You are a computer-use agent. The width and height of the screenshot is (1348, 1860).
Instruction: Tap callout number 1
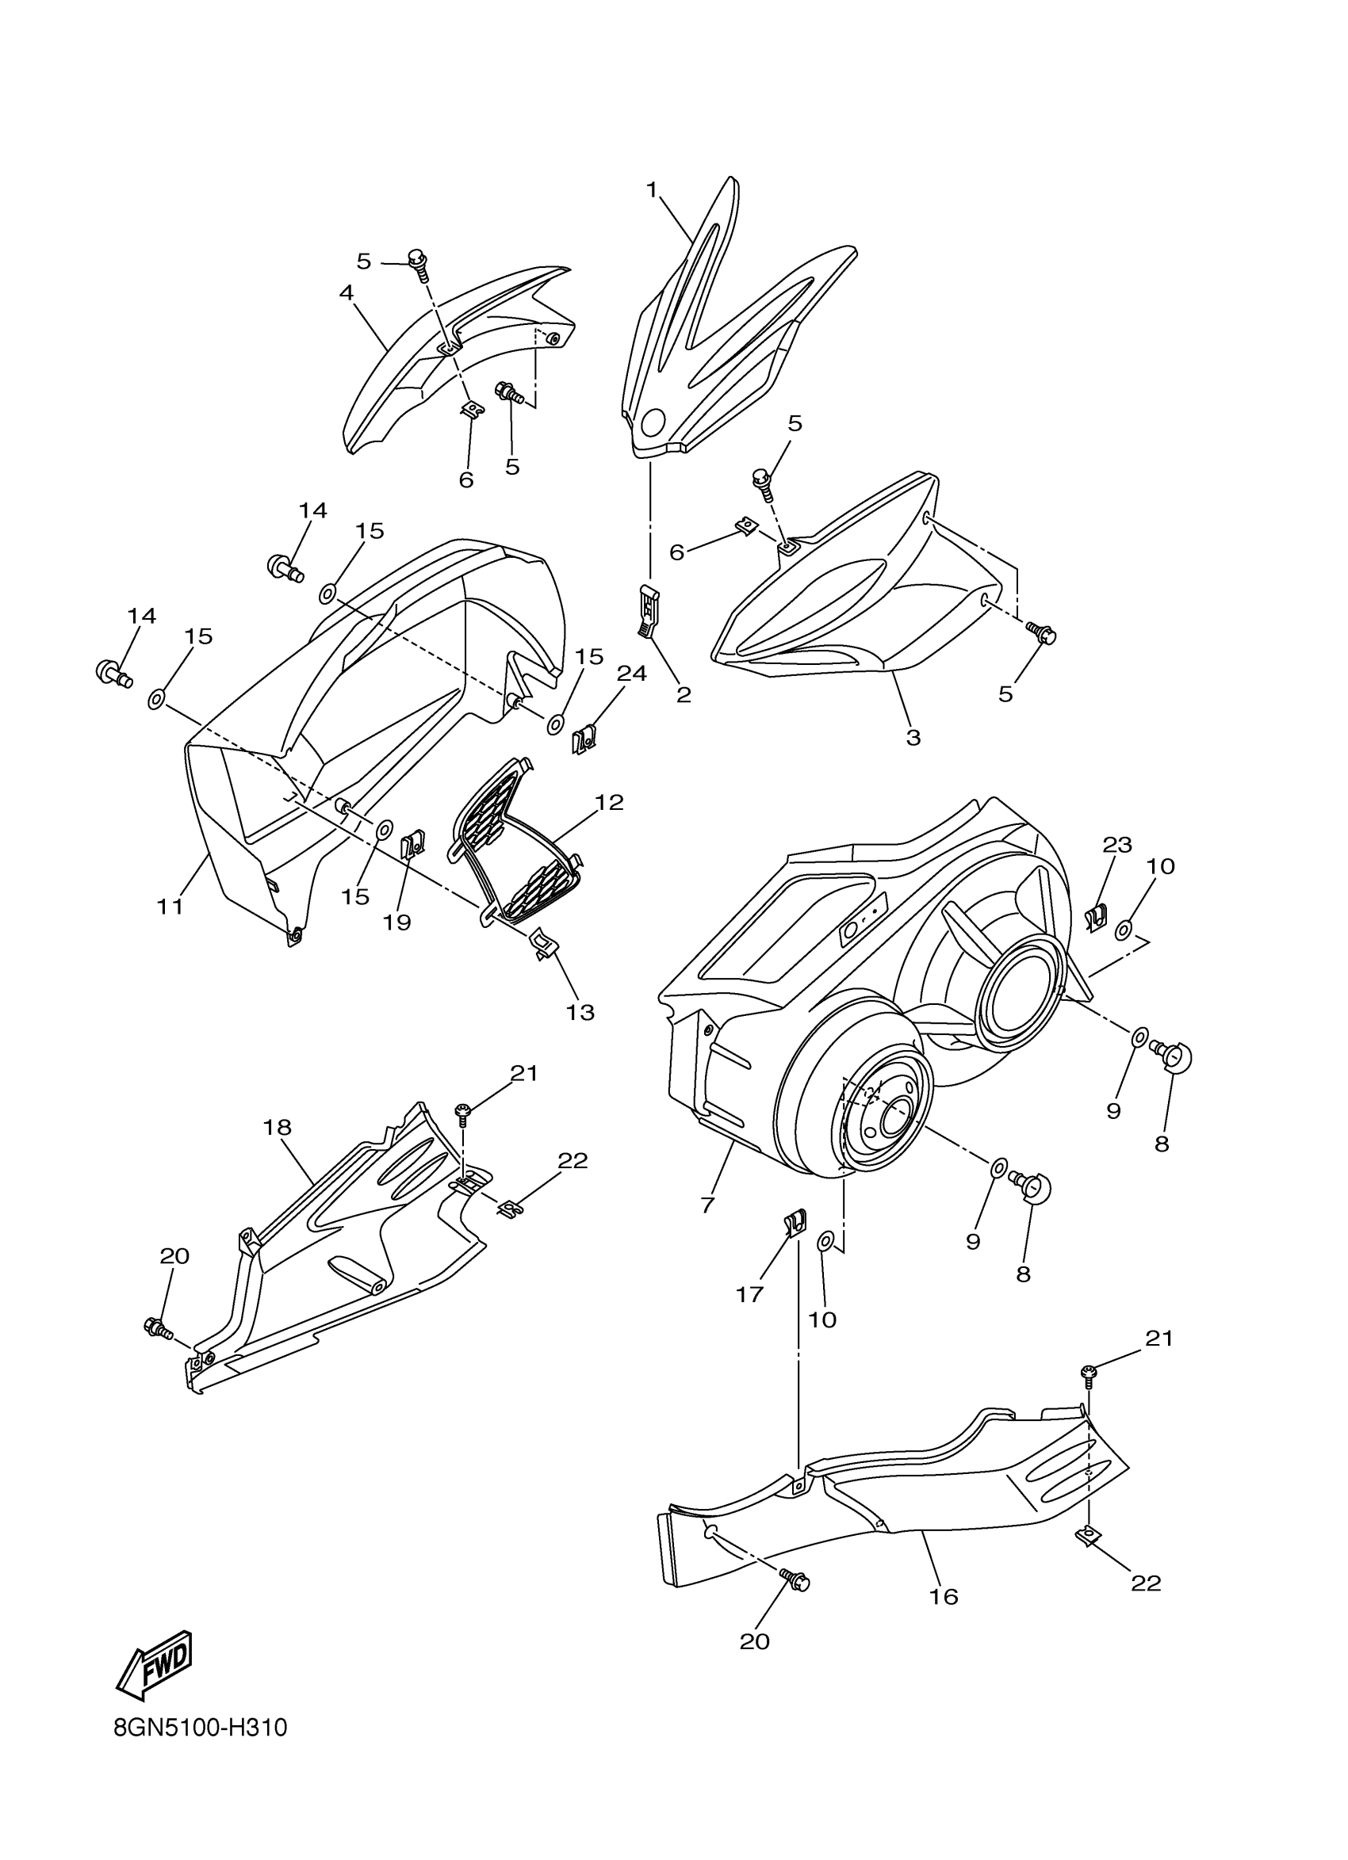pyautogui.click(x=652, y=190)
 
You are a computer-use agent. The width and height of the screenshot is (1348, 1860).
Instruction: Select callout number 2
pyautogui.click(x=684, y=695)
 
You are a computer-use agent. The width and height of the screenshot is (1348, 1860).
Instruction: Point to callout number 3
pyautogui.click(x=913, y=736)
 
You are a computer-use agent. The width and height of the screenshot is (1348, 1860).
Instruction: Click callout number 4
pyautogui.click(x=347, y=292)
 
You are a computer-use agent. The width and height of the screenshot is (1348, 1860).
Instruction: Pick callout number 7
pyautogui.click(x=708, y=1205)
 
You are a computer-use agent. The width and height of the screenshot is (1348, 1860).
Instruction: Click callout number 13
pyautogui.click(x=580, y=1012)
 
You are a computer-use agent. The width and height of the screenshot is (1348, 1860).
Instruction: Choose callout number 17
pyautogui.click(x=750, y=1294)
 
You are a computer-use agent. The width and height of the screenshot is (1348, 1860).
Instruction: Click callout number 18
pyautogui.click(x=278, y=1127)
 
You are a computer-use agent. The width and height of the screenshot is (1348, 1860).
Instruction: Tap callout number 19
pyautogui.click(x=396, y=922)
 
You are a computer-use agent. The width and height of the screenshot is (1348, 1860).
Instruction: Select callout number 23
pyautogui.click(x=1117, y=844)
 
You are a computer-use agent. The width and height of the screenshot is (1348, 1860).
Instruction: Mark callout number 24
pyautogui.click(x=632, y=674)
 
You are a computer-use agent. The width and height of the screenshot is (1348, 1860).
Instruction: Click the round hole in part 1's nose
pyautogui.click(x=654, y=423)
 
